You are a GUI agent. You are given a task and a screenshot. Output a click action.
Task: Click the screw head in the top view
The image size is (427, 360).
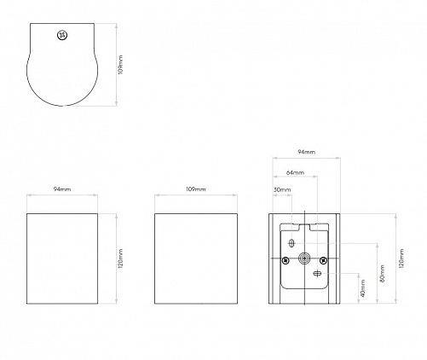[62, 36]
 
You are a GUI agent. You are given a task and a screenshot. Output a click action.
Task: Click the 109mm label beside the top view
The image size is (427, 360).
[121, 65]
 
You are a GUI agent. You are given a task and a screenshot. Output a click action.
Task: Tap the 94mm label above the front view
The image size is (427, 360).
[62, 189]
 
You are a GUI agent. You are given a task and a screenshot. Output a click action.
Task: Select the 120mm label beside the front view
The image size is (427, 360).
[121, 258]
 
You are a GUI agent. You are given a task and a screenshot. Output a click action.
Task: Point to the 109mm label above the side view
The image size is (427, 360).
[196, 189]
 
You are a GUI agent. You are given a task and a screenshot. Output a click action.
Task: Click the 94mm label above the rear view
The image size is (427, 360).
[307, 152]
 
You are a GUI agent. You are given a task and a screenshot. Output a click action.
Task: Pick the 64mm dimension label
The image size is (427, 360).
[295, 172]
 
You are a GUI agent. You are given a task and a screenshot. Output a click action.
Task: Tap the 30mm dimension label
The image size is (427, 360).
[282, 189]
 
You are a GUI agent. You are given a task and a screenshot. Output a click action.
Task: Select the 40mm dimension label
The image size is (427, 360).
[363, 288]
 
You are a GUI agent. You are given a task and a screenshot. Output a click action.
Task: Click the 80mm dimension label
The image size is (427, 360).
[382, 273]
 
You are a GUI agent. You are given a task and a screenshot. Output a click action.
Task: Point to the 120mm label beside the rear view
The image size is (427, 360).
[401, 258]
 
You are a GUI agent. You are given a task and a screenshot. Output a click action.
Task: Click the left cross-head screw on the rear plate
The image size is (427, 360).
[286, 260]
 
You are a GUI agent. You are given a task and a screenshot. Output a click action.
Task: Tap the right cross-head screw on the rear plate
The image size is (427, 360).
[323, 260]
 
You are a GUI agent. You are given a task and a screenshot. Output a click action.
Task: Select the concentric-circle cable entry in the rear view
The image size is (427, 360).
[304, 258]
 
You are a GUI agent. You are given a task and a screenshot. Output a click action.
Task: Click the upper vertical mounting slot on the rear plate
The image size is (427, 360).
[291, 243]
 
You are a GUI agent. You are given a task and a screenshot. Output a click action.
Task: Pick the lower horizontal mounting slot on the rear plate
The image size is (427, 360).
[317, 274]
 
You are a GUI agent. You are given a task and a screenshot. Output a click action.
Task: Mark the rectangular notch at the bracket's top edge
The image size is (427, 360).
[304, 227]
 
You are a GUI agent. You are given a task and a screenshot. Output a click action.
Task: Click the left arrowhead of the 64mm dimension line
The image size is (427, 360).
[274, 177]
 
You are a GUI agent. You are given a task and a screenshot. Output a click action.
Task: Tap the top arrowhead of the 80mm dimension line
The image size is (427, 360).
[378, 245]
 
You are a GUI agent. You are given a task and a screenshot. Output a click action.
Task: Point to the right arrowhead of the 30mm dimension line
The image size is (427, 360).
[290, 195]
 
